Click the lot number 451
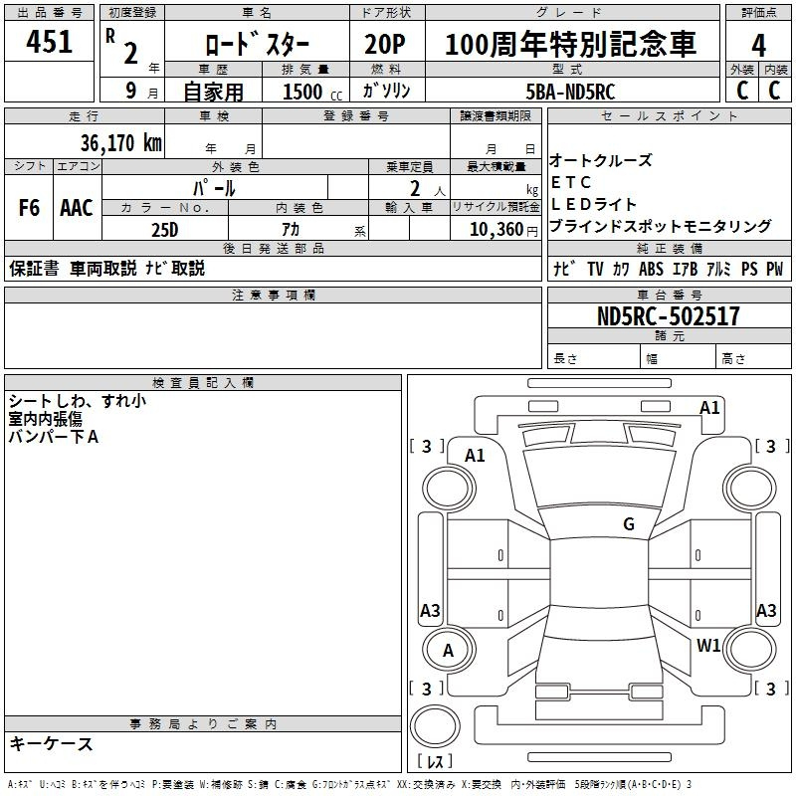(x=49, y=41)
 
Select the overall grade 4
(x=758, y=46)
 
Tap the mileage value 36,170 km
(x=120, y=142)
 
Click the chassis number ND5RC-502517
(x=668, y=316)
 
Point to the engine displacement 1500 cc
(x=312, y=92)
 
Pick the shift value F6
(x=29, y=207)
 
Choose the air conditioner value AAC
(x=77, y=208)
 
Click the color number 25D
(x=165, y=230)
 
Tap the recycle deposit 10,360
(x=497, y=230)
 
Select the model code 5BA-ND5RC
(x=570, y=92)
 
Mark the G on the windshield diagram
(x=629, y=524)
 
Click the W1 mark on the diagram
(x=708, y=645)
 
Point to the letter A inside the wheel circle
(x=448, y=651)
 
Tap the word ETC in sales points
(x=570, y=182)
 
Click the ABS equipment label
(x=651, y=269)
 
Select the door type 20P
(x=385, y=44)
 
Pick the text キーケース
(x=51, y=743)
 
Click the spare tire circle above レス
(x=435, y=726)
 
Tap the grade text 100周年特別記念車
(x=570, y=44)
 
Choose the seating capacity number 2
(x=415, y=189)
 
